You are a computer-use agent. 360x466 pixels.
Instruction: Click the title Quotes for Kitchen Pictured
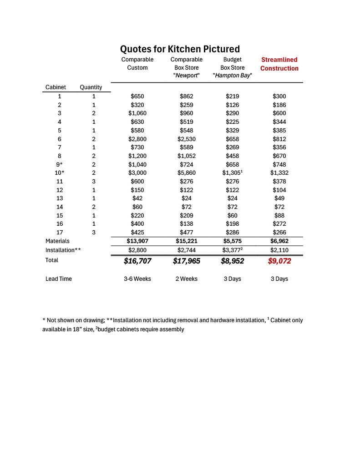coord(180,49)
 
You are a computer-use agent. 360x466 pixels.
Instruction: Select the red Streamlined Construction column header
coord(279,64)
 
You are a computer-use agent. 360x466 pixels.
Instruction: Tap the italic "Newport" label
coord(186,76)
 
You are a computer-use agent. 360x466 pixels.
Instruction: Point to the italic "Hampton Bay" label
coord(232,76)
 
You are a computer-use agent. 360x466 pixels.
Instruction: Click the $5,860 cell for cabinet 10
coord(186,173)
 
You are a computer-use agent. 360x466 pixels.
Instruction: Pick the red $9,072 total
coord(279,261)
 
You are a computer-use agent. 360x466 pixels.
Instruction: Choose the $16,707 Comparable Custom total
coord(137,261)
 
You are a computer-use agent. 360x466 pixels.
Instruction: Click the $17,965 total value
coord(186,261)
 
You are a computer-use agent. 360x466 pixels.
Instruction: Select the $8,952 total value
coord(232,261)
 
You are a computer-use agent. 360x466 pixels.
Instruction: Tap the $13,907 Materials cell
coord(137,241)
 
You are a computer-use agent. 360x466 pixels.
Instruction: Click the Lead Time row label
coord(58,279)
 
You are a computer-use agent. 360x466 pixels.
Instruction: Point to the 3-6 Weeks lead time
coord(137,279)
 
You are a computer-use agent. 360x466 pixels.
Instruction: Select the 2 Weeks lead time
coord(186,279)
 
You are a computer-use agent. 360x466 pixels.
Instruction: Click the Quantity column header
coord(91,87)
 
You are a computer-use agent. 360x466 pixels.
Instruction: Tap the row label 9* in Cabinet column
coord(59,164)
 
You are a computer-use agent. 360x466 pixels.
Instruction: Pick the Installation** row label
coord(63,250)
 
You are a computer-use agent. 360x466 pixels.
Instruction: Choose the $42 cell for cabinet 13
coord(137,198)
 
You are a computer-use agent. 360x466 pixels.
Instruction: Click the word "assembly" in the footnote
coord(172,329)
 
